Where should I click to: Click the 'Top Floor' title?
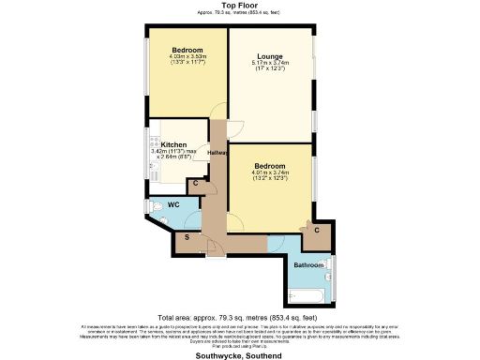pyautogui.click(x=239, y=6)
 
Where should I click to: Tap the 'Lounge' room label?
pyautogui.click(x=271, y=56)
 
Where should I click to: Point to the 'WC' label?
pyautogui.click(x=173, y=204)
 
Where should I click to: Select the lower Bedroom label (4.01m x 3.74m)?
pyautogui.click(x=270, y=165)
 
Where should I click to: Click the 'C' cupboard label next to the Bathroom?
pyautogui.click(x=317, y=230)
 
